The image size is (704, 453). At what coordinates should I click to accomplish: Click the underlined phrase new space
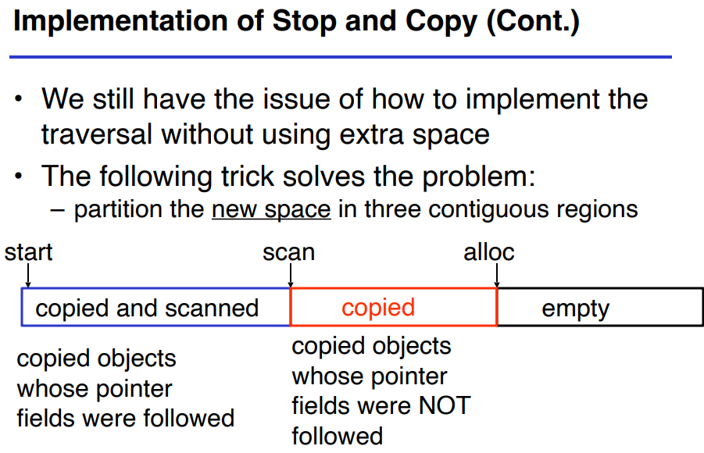pos(271,209)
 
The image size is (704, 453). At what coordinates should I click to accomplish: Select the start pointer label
pos(28,252)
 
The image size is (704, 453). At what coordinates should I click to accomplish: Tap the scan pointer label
pos(288,252)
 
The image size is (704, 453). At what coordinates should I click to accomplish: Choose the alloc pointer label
pos(489,252)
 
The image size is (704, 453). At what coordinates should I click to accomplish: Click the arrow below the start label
pos(28,275)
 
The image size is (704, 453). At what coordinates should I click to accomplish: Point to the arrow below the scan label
pos(291,275)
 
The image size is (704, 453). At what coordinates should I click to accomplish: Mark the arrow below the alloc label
pos(497,275)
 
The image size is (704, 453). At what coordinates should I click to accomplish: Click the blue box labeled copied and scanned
pos(22,307)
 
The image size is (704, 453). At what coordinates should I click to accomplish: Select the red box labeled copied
pos(291,307)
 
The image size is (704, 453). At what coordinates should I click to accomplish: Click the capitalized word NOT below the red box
pos(445,405)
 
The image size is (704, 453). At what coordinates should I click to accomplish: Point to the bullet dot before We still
pos(18,98)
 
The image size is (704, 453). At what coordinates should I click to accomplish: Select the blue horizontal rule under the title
pos(341,57)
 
